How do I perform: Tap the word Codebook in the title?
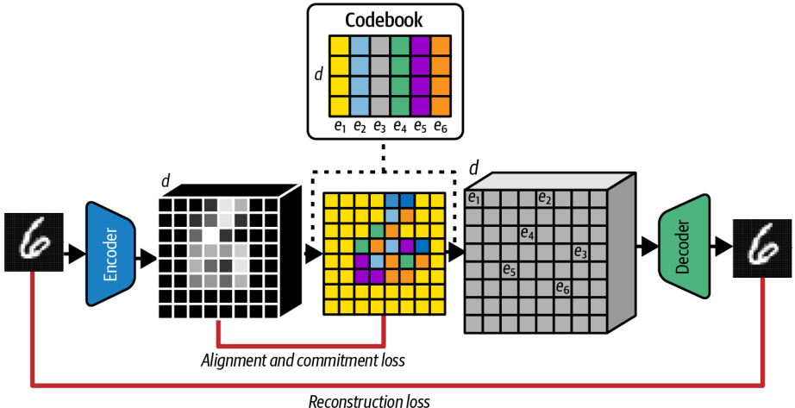[x=384, y=19]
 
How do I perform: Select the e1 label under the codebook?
[x=340, y=127]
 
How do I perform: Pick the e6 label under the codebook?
[x=441, y=127]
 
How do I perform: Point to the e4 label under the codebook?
[x=400, y=127]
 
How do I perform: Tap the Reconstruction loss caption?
[x=368, y=399]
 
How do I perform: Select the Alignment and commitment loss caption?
[x=303, y=360]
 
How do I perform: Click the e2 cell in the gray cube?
[x=545, y=198]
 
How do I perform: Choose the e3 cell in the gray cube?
[x=580, y=253]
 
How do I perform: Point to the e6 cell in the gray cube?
[x=562, y=288]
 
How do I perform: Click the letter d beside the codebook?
[x=318, y=74]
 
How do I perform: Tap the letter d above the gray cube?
[x=473, y=166]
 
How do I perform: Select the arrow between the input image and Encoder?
[x=72, y=253]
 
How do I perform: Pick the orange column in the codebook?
[x=441, y=75]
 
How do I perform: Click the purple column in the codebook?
[x=420, y=75]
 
